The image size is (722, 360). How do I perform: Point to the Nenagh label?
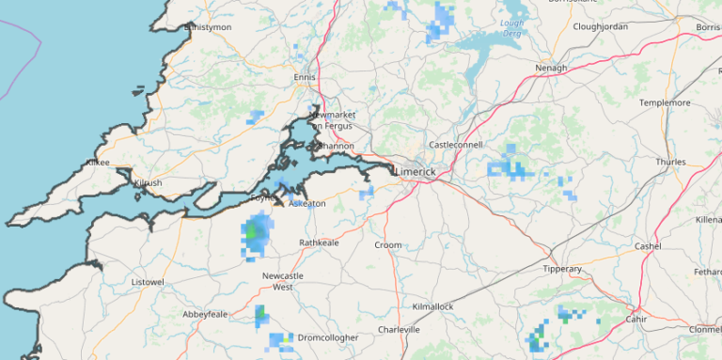click(x=551, y=69)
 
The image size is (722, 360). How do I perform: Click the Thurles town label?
click(x=671, y=162)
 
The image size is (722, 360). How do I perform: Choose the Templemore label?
click(x=665, y=102)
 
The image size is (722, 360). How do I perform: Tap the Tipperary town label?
click(x=563, y=269)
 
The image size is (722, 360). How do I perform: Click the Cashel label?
click(x=648, y=246)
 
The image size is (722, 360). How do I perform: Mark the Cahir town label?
click(x=637, y=319)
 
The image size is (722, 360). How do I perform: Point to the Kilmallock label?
click(x=432, y=307)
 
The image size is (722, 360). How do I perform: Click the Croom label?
click(x=388, y=245)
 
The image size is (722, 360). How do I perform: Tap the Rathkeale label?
click(x=318, y=243)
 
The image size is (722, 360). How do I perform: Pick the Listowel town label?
click(x=148, y=282)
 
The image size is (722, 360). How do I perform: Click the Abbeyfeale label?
click(x=206, y=314)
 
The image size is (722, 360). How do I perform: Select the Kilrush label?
click(x=149, y=182)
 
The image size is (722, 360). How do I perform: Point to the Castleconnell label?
click(x=455, y=145)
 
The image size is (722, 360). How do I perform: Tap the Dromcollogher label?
click(x=327, y=337)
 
